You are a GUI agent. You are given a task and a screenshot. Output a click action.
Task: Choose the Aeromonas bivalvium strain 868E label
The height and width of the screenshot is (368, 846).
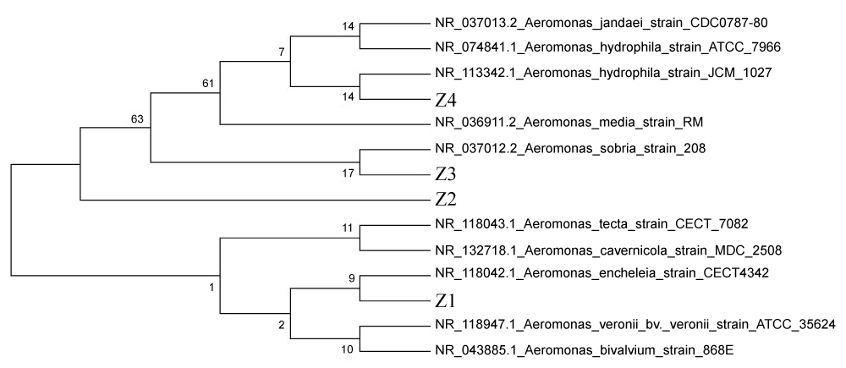[x=579, y=349]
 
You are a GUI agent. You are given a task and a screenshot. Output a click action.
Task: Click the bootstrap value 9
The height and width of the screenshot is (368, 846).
[x=349, y=276]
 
